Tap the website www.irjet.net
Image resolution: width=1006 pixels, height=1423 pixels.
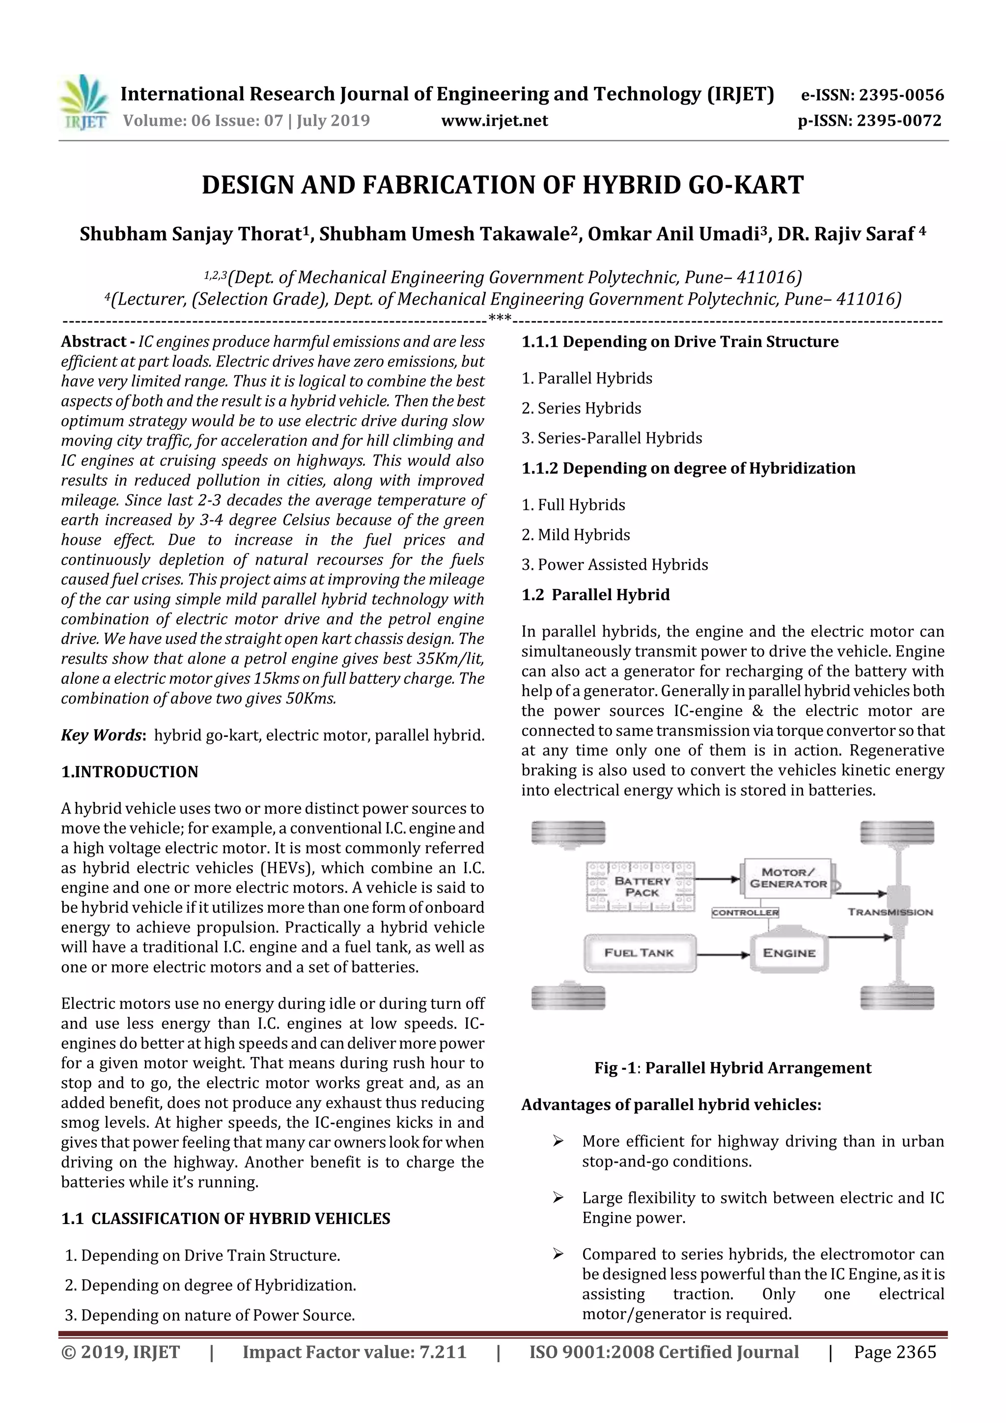coord(494,120)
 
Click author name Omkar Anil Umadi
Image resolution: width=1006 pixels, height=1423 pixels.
coord(673,234)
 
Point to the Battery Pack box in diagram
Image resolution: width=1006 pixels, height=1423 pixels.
coord(641,886)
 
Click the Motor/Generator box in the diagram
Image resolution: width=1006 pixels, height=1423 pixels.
coord(788,878)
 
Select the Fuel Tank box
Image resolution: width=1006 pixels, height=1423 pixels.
coord(639,952)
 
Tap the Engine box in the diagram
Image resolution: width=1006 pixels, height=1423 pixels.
coord(788,952)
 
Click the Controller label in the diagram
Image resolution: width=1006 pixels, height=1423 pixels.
coord(745,912)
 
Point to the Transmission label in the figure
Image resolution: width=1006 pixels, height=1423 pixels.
coord(890,912)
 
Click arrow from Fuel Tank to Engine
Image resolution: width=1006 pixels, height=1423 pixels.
coord(723,954)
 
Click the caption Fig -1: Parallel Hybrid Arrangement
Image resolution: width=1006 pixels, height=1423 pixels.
coord(733,1067)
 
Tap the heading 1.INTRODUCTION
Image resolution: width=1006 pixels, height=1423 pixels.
coord(130,772)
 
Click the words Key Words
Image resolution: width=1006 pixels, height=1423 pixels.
coord(102,735)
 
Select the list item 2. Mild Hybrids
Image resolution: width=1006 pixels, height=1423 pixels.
coord(575,534)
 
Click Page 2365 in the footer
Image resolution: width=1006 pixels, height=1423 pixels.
coord(894,1352)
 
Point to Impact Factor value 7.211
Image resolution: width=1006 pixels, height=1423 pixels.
coord(354,1352)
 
